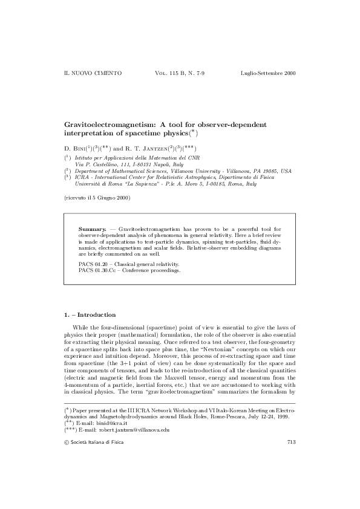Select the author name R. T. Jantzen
pyautogui.click(x=146, y=148)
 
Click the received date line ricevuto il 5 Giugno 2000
pyautogui.click(x=96, y=198)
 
